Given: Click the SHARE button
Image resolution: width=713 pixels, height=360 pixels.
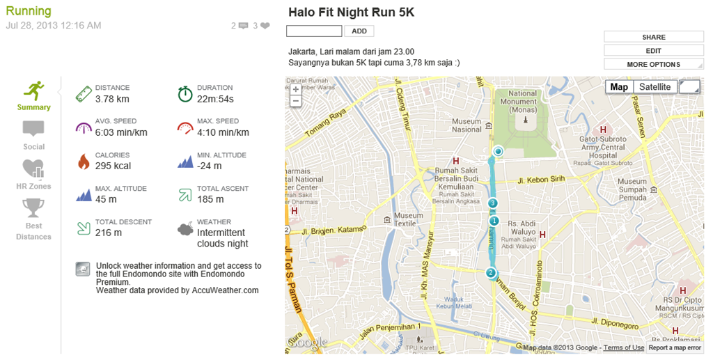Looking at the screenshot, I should coord(653,37).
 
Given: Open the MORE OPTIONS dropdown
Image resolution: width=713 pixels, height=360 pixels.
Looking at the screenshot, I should coord(653,64).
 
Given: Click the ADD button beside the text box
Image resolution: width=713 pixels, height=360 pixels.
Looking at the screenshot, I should coord(359,31).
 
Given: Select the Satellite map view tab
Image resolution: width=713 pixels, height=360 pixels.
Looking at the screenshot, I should coord(655,87).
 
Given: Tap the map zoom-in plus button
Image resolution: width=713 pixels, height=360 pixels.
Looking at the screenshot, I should coord(296,89).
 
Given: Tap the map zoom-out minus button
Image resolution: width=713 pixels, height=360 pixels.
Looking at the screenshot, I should coord(296,101).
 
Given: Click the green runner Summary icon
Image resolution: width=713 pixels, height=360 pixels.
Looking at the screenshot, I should coord(34,91).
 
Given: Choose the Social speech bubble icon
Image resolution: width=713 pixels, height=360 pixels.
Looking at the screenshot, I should coord(33,130).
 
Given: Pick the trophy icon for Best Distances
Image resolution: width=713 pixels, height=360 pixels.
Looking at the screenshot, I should coord(33,208).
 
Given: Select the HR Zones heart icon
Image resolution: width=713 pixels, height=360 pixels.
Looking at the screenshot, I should coord(33,169).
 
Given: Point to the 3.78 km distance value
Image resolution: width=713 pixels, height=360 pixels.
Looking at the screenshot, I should coord(112,99).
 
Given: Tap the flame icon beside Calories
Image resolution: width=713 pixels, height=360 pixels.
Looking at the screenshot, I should coord(84,162).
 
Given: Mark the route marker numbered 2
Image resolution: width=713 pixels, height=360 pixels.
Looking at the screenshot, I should coord(491,273).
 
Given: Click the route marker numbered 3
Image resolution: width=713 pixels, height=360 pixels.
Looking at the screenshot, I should coord(493,203).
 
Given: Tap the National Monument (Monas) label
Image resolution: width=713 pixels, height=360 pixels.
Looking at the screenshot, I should coord(522,102).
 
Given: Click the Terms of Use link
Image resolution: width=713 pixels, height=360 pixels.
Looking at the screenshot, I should coord(623,347).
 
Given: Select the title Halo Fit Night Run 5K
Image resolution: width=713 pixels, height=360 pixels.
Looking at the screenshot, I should coord(351,13).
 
